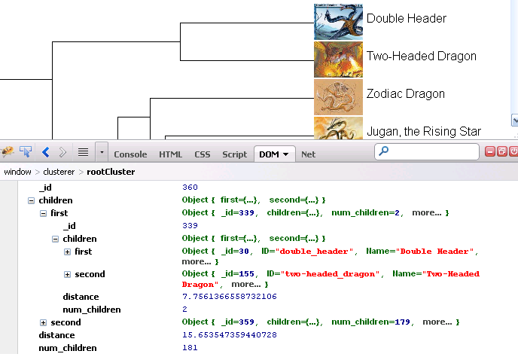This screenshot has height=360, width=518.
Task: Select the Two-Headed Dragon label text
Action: coord(421,56)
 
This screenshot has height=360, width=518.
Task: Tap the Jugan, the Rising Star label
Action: coord(423,132)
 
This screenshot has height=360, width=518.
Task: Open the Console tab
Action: coord(130,154)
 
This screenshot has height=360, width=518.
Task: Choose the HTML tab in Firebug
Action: coord(170,154)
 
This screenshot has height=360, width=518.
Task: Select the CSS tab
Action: coord(203,154)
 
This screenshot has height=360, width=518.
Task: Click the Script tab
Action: coord(234,154)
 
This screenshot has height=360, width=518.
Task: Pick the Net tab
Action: coord(308,154)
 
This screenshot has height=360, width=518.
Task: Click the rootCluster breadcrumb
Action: coord(111,172)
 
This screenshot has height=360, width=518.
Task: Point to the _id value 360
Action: coord(190,186)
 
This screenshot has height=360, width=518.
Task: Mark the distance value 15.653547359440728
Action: coord(229,335)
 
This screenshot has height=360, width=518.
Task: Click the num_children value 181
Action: coord(190,348)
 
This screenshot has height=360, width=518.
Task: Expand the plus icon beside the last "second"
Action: coord(44,322)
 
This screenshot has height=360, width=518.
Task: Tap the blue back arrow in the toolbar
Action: coord(45,152)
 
